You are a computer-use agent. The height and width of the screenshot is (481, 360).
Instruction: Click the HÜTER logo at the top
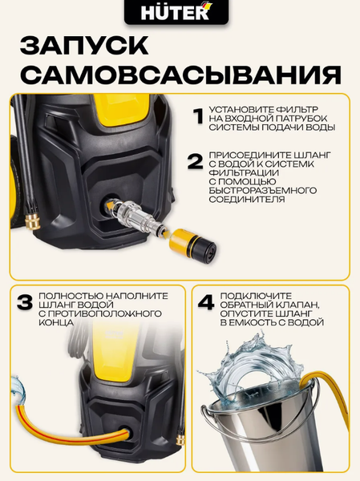tap(180, 14)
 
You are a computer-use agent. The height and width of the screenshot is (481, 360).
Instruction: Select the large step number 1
tap(197, 117)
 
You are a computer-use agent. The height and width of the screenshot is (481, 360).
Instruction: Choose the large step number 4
tap(206, 304)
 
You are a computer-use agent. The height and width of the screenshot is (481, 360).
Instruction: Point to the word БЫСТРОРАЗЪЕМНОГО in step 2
tap(262, 189)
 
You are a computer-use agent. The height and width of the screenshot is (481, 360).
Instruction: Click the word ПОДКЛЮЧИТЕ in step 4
tap(262, 294)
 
